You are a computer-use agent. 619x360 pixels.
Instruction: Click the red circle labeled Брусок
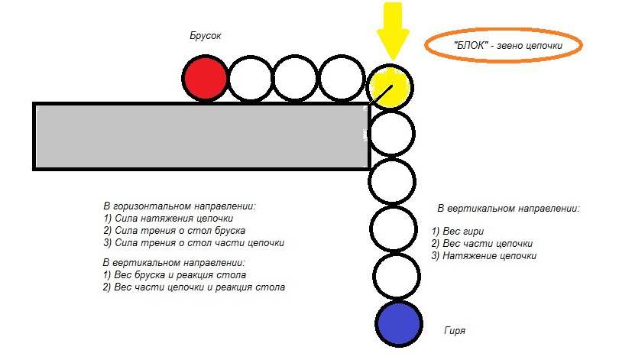tap(206, 79)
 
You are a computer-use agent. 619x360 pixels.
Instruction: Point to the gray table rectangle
tap(201, 136)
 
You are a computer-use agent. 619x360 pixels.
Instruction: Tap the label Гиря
tap(454, 331)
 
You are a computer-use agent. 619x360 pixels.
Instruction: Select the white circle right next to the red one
tap(251, 79)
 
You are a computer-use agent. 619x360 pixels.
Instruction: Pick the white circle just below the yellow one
tap(391, 133)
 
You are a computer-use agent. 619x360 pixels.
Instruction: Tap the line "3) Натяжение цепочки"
tap(484, 255)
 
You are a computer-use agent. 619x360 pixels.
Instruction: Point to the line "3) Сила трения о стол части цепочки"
tap(193, 243)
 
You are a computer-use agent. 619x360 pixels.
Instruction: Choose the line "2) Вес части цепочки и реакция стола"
tap(193, 287)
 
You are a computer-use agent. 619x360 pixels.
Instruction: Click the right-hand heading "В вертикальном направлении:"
tap(508, 208)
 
